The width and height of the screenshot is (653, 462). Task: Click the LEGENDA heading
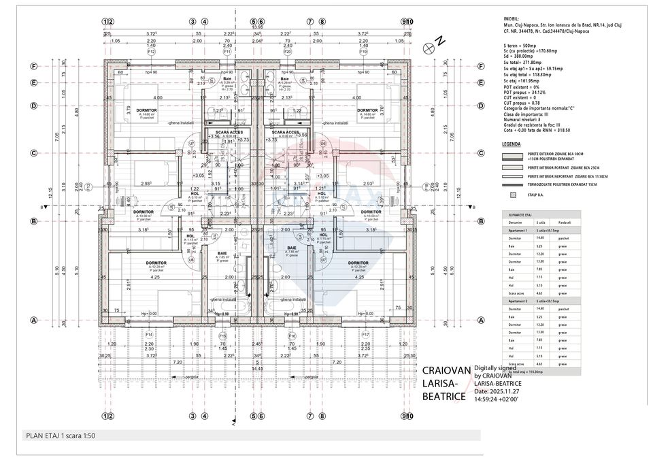click(512, 145)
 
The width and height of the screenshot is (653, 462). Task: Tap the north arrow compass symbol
click(429, 46)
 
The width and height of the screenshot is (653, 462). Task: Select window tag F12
click(151, 52)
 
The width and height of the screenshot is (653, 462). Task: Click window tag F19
click(364, 52)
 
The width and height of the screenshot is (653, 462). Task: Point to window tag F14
click(149, 335)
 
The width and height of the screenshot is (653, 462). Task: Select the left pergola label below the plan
click(178, 376)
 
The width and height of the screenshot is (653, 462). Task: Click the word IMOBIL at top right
click(511, 19)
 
